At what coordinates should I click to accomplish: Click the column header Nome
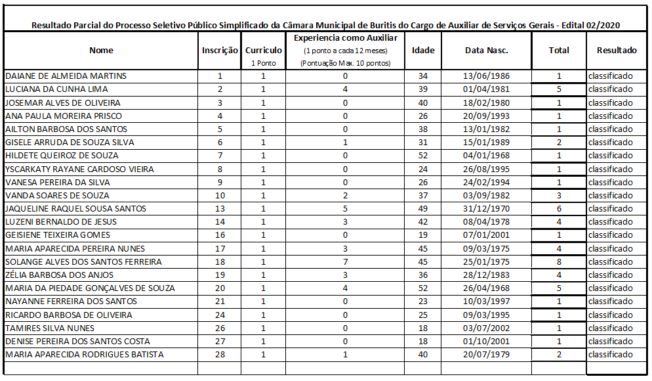(x=101, y=51)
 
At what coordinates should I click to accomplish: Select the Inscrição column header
(x=220, y=51)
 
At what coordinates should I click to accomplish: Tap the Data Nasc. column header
(x=486, y=51)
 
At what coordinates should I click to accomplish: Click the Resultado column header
(x=616, y=51)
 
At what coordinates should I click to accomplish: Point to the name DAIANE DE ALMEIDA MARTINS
(x=66, y=76)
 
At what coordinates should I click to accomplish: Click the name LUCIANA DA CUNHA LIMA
(x=56, y=89)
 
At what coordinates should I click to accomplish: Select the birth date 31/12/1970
(x=486, y=209)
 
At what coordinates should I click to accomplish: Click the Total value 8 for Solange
(x=559, y=262)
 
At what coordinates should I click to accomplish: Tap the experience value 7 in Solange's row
(x=345, y=262)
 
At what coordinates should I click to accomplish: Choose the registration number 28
(x=220, y=355)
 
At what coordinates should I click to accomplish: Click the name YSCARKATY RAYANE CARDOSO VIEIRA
(x=79, y=169)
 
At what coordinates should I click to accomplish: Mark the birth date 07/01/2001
(x=486, y=235)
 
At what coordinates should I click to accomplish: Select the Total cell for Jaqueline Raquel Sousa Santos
(x=559, y=209)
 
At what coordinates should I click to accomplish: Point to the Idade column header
(x=422, y=51)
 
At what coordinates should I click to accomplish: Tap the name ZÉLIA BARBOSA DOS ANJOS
(x=59, y=275)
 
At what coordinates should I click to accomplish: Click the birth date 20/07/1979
(x=486, y=355)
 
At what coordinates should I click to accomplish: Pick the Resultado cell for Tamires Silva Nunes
(x=610, y=328)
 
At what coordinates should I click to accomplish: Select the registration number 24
(x=220, y=315)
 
